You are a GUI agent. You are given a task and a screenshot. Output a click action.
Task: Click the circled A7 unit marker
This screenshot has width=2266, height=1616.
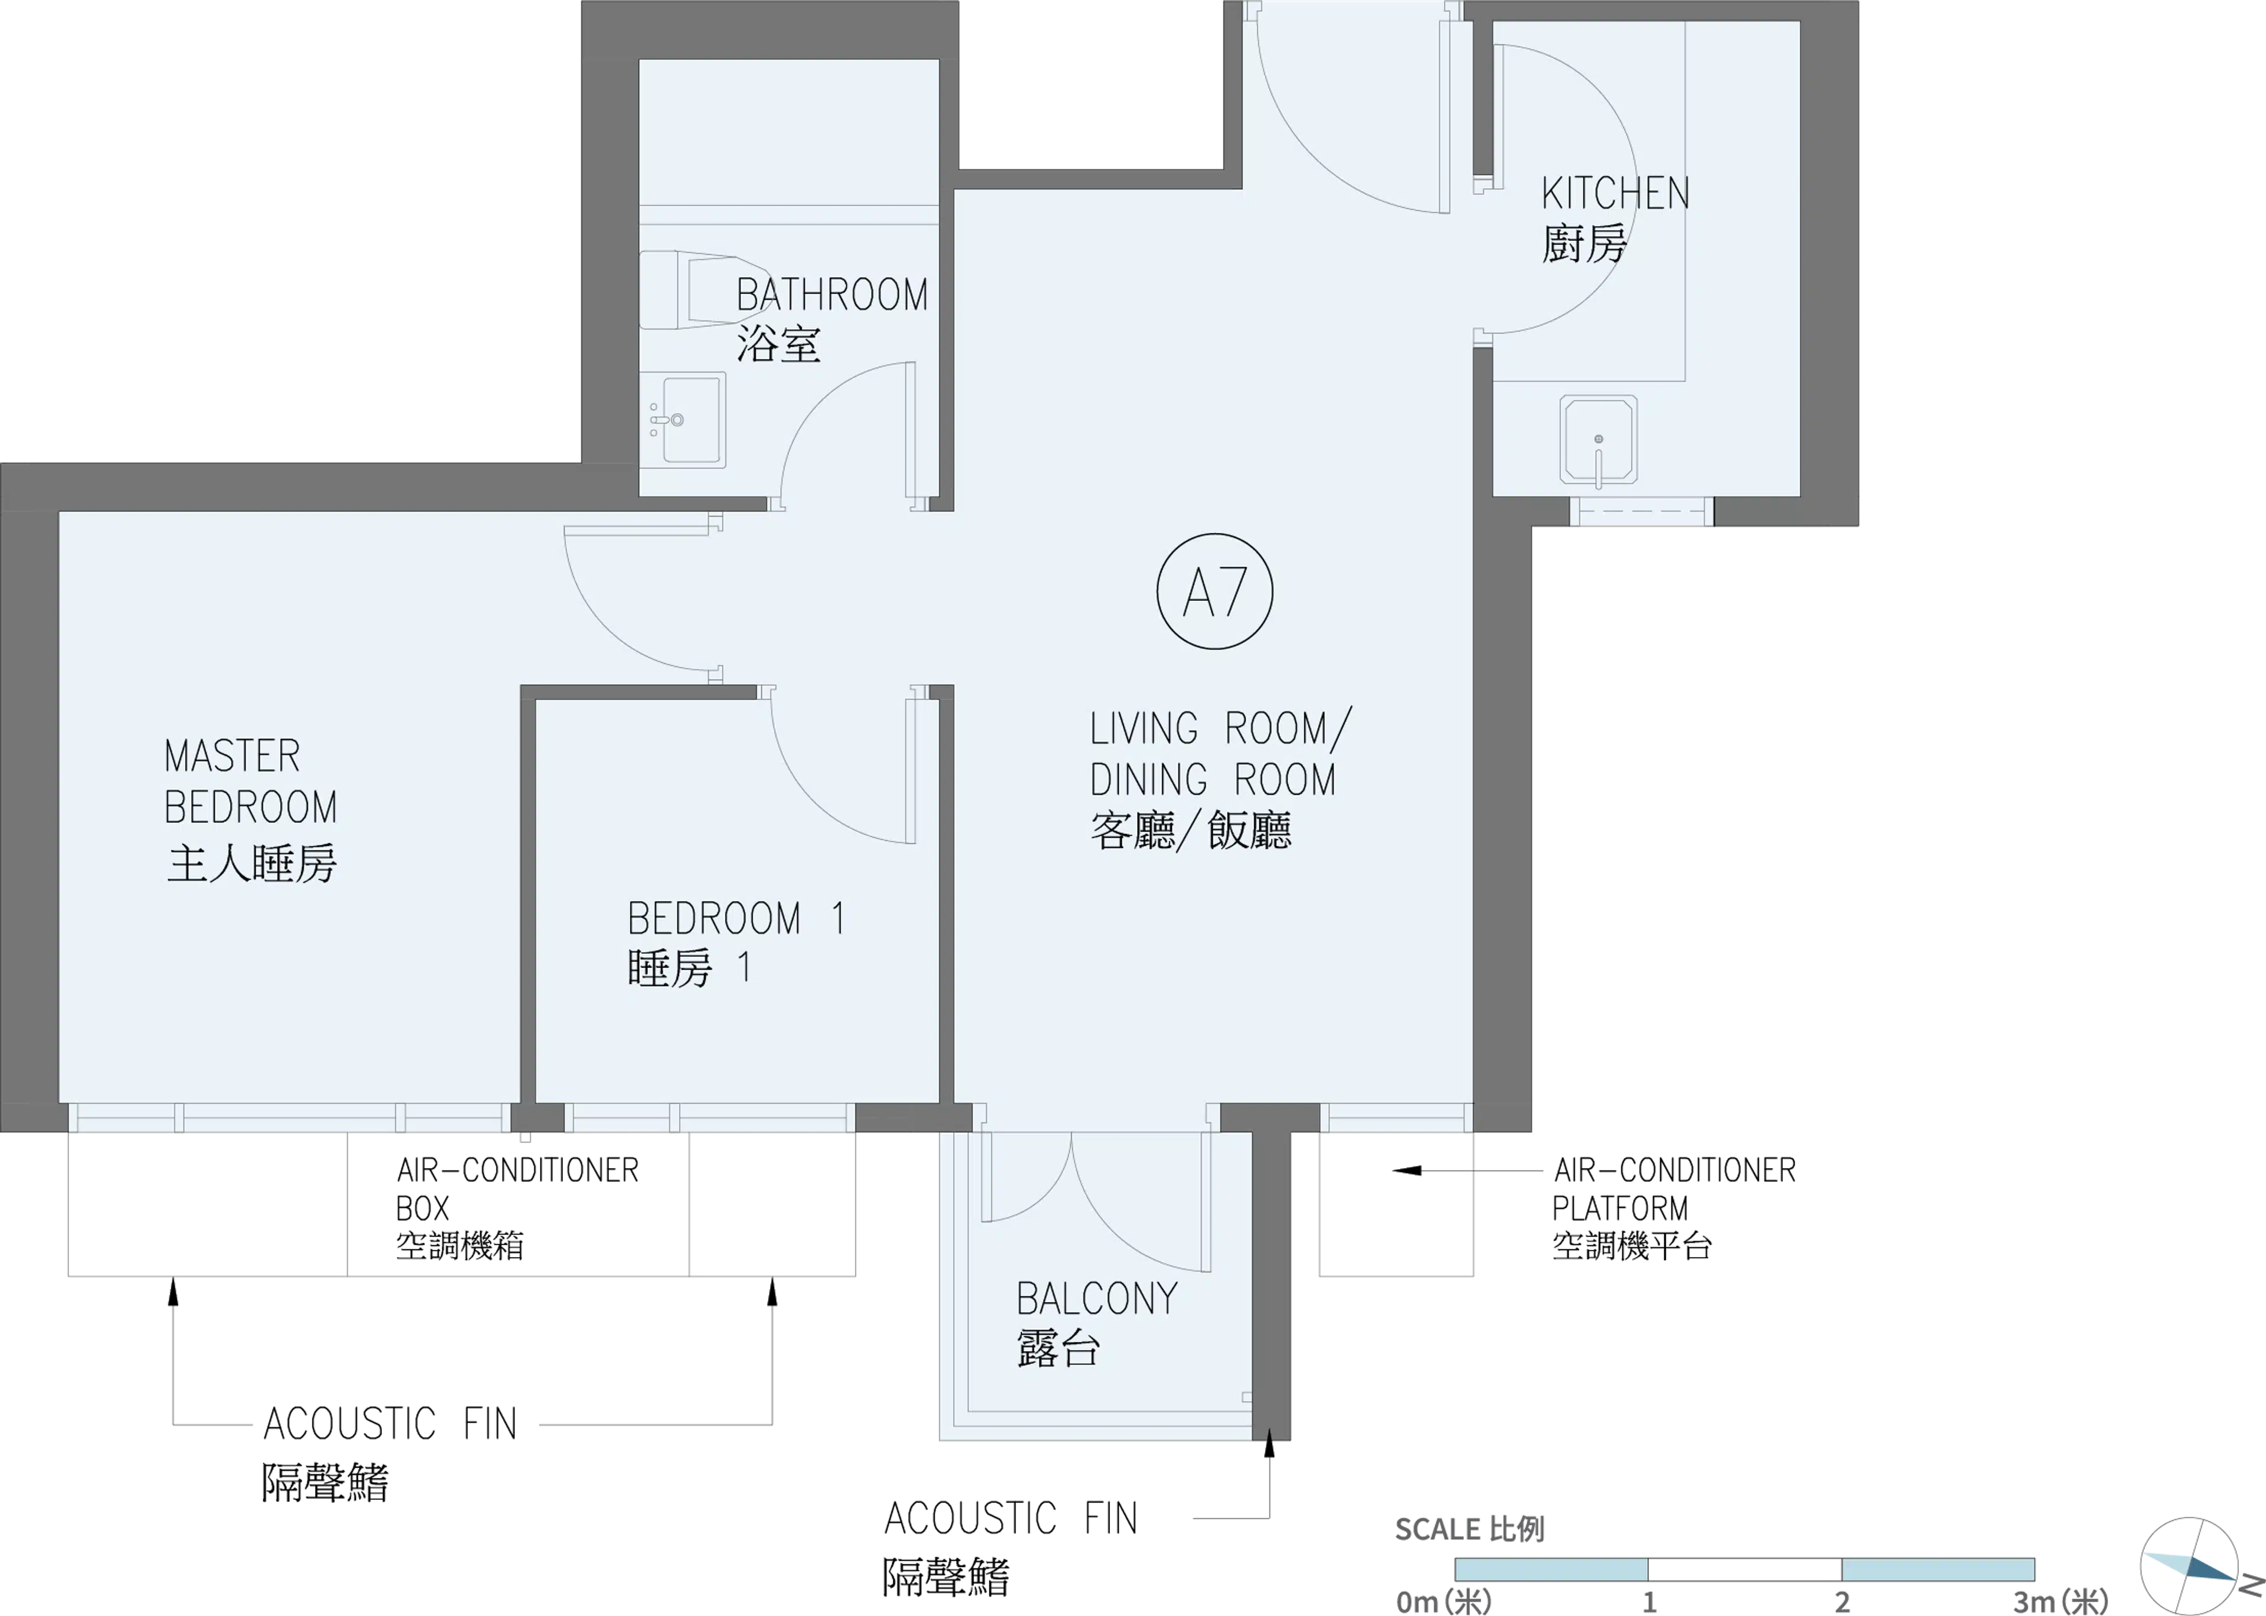pyautogui.click(x=1214, y=592)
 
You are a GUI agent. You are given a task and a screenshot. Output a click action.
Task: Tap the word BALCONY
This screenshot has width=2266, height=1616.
pyautogui.click(x=1097, y=1298)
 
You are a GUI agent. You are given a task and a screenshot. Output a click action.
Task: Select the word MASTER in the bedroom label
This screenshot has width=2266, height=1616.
pyautogui.click(x=232, y=756)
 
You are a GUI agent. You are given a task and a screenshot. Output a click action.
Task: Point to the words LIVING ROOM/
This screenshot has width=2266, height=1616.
pyautogui.click(x=1220, y=728)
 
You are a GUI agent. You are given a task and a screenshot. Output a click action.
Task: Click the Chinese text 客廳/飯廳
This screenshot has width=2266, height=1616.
pyautogui.click(x=1191, y=830)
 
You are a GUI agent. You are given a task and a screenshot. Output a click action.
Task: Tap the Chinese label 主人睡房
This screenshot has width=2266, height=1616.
pyautogui.click(x=251, y=863)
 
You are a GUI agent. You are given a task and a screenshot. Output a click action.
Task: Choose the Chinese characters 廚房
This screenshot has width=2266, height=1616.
pyautogui.click(x=1584, y=244)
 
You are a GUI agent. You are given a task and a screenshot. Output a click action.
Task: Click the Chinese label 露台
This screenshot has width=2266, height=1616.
pyautogui.click(x=1057, y=1349)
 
